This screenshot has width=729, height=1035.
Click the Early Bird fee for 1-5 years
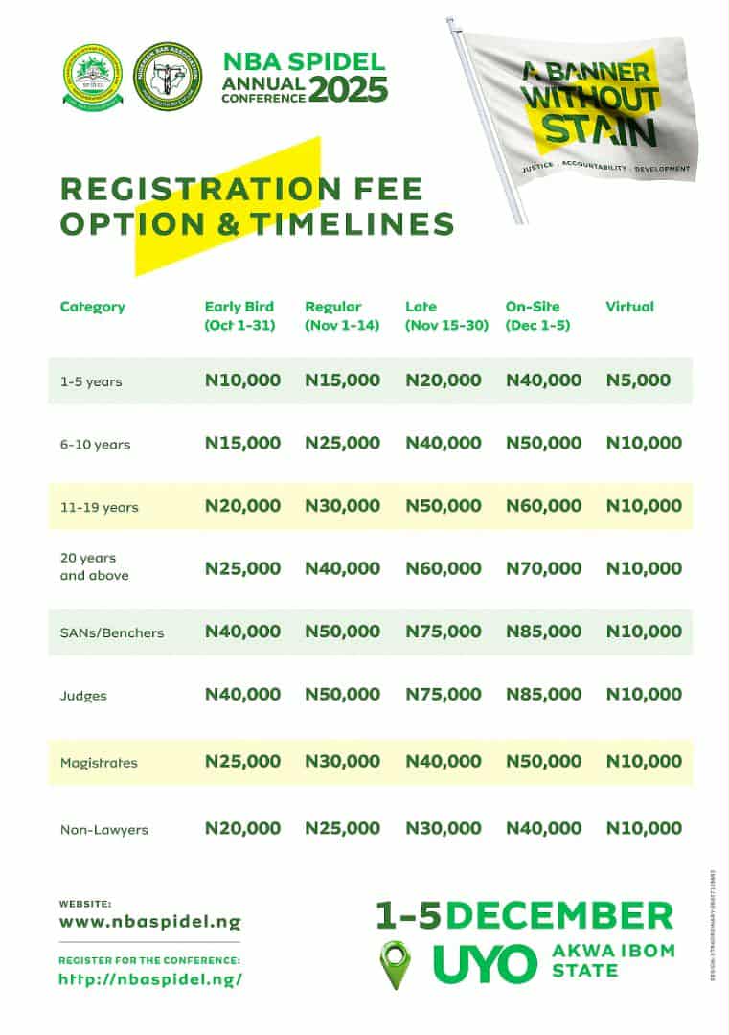click(x=242, y=380)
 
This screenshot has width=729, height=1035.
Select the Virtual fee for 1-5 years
click(x=638, y=380)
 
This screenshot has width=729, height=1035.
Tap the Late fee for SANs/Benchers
click(x=444, y=632)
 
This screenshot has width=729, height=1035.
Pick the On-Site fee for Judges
click(x=543, y=695)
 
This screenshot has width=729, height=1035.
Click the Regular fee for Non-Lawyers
click(x=342, y=829)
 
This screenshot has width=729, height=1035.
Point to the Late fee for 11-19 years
click(x=444, y=506)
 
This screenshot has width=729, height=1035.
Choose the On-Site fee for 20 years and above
click(x=543, y=568)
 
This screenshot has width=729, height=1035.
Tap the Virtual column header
click(x=629, y=307)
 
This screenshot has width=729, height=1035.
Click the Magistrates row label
click(x=99, y=763)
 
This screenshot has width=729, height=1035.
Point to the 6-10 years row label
click(x=95, y=445)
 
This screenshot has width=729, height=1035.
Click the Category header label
click(x=93, y=307)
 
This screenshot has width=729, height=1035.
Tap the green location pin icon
click(x=396, y=963)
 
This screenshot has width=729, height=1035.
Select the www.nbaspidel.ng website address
click(x=149, y=923)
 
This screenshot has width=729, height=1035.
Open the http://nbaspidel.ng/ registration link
click(x=150, y=979)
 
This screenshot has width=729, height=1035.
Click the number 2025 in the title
click(x=349, y=89)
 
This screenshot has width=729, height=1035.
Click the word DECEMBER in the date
click(x=559, y=914)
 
